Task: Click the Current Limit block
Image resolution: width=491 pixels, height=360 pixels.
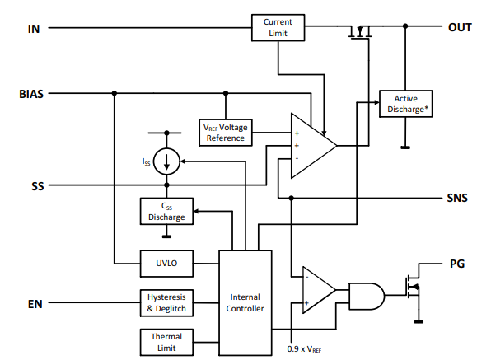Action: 278,27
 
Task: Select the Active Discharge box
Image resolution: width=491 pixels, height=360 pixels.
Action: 406,104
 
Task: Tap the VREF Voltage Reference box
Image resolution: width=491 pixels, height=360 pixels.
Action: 226,133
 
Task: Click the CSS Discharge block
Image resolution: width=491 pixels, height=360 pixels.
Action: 166,211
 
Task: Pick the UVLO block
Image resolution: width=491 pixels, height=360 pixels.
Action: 166,264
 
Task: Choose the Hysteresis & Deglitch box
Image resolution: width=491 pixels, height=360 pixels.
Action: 166,303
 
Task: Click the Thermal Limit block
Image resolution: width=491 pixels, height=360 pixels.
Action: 166,342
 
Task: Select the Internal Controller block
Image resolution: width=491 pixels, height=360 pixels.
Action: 245,302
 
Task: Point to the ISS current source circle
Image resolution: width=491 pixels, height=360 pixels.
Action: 166,161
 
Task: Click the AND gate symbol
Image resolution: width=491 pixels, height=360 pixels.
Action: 367,296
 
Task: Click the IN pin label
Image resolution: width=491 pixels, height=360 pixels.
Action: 34,29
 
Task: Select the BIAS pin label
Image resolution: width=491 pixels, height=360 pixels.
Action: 31,94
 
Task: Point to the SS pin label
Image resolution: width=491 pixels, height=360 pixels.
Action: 38,186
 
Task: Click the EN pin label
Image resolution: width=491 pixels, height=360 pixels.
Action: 35,304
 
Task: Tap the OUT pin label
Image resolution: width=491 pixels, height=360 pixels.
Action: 460,27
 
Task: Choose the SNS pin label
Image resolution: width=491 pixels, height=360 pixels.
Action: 457,198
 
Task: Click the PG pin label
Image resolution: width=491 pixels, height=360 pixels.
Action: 457,264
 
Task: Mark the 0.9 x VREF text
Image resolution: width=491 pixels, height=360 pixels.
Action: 304,349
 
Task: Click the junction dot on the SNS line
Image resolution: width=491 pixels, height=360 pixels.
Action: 291,199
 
